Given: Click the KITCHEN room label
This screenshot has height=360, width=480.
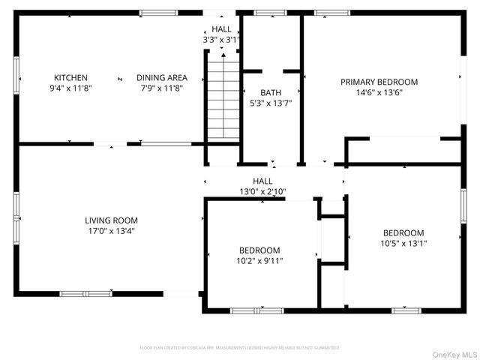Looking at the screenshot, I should tap(70, 78).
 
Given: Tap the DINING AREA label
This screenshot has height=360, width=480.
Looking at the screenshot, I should tap(161, 78).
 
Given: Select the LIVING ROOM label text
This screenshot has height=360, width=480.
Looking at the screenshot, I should tap(111, 220).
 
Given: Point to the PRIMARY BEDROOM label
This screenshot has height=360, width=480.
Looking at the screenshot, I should tap(379, 82).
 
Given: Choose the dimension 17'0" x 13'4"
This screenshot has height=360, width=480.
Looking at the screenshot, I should tap(111, 231).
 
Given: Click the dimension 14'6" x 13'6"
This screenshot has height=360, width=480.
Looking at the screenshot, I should tap(379, 93).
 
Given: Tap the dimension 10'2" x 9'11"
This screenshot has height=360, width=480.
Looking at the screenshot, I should tap(259, 261).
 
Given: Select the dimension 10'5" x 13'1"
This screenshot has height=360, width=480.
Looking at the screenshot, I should tap(403, 244).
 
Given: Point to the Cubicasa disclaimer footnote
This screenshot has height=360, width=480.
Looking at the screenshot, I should tap(240, 348).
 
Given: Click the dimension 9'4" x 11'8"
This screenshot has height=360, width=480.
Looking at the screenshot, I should tap(70, 88).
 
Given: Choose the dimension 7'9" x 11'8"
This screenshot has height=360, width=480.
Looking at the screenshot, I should tap(161, 88).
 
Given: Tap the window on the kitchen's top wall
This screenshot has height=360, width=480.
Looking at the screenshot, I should tap(159, 13).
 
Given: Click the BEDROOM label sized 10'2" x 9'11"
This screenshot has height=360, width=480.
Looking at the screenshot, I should tap(259, 250).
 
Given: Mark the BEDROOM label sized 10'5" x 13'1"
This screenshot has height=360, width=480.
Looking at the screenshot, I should tap(403, 233).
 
